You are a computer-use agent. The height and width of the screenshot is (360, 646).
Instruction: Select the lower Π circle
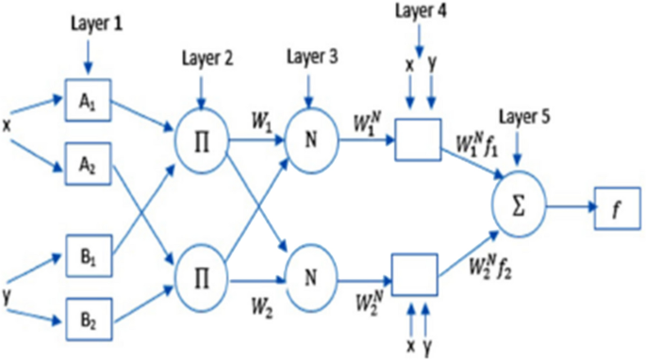(x=200, y=275)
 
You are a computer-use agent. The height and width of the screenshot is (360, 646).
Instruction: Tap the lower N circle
(x=312, y=275)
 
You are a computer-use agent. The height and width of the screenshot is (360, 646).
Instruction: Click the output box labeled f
(x=616, y=205)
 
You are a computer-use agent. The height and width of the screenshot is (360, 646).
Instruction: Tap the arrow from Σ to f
(x=569, y=205)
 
